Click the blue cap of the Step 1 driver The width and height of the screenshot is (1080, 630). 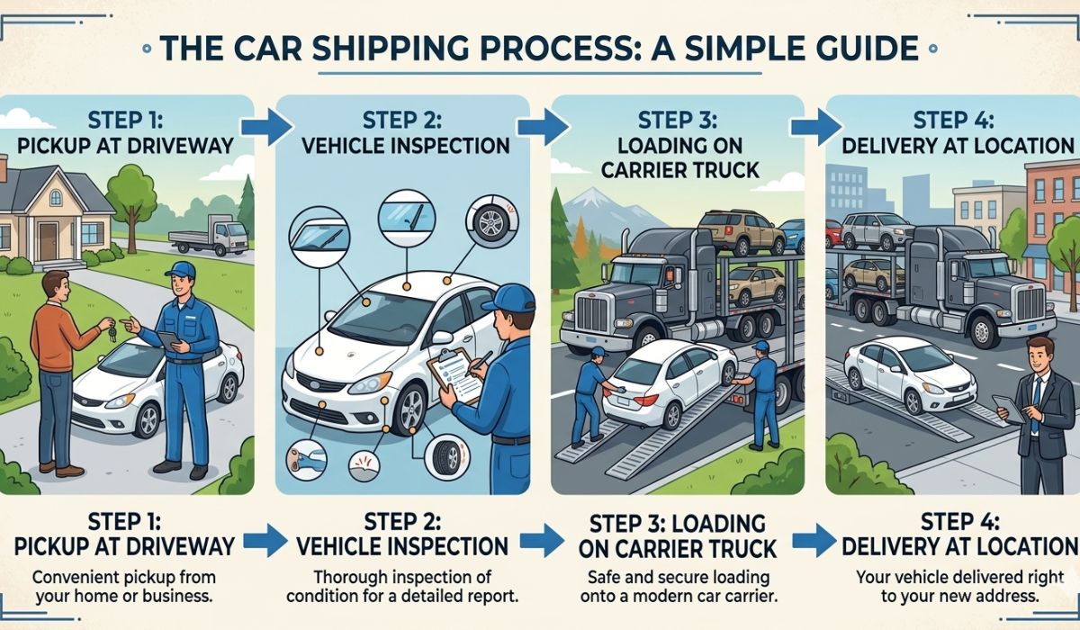pos(180,270)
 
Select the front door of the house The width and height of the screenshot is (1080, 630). pos(48,240)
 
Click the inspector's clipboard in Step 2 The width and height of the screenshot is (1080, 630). pos(454,373)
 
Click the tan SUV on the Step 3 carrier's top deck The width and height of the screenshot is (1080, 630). pos(729,232)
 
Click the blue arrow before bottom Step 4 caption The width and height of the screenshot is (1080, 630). pos(814,541)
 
